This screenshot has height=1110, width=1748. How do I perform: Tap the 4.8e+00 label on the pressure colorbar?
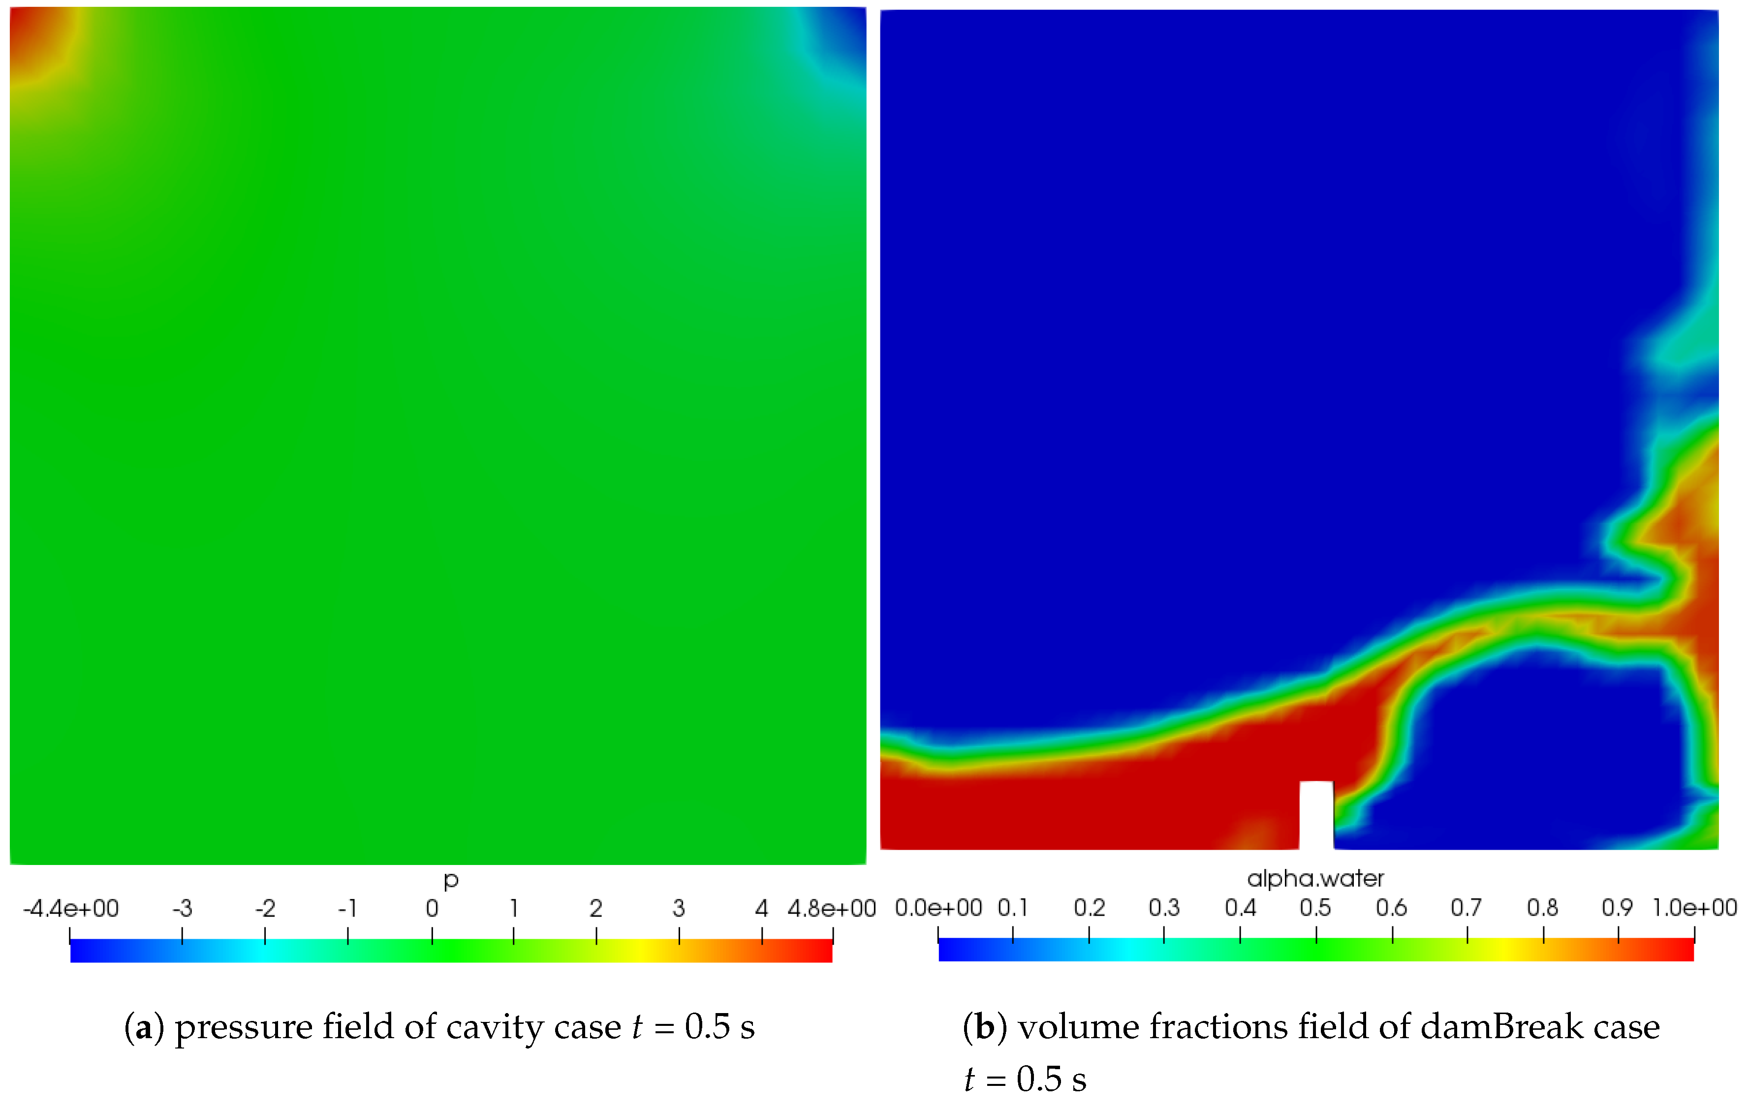tap(832, 909)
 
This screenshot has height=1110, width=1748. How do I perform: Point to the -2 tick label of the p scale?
tap(265, 909)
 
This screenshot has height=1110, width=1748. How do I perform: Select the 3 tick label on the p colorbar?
tap(679, 909)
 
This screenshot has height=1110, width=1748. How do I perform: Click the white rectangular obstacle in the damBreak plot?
tap(1316, 814)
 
